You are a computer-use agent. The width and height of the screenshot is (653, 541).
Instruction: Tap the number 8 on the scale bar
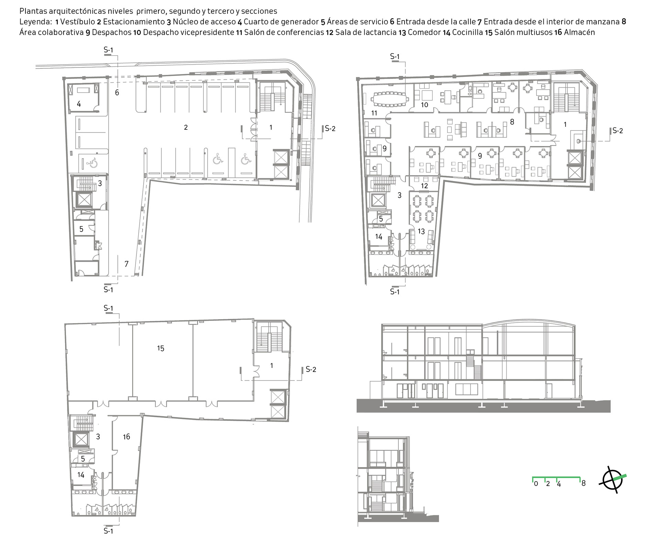pos(583,483)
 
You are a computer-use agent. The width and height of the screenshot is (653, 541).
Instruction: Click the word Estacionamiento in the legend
pos(134,22)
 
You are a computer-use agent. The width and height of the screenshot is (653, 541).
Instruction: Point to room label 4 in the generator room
pos(79,104)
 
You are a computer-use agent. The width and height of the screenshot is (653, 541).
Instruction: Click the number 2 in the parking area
pos(186,127)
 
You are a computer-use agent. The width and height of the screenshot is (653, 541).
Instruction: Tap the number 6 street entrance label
pos(117,92)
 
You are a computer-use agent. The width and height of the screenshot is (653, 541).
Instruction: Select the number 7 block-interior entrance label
pos(126,264)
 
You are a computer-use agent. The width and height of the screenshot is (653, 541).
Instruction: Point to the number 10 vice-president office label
pos(424,105)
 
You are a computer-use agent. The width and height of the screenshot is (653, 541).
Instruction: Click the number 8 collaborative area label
pos(512,122)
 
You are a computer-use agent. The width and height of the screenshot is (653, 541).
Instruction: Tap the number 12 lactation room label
pos(424,186)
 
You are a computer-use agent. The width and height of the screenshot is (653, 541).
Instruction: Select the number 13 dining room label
pos(421,232)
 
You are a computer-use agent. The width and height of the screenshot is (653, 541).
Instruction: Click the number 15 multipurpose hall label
pos(161,348)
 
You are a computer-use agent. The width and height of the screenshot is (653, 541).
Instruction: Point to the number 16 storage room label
pos(126,437)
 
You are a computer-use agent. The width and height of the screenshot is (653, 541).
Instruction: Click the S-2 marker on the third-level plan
pos(311,369)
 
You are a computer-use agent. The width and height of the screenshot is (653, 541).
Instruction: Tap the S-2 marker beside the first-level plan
pos(330,128)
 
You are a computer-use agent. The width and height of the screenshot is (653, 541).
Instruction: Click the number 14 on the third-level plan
pos(81,475)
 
